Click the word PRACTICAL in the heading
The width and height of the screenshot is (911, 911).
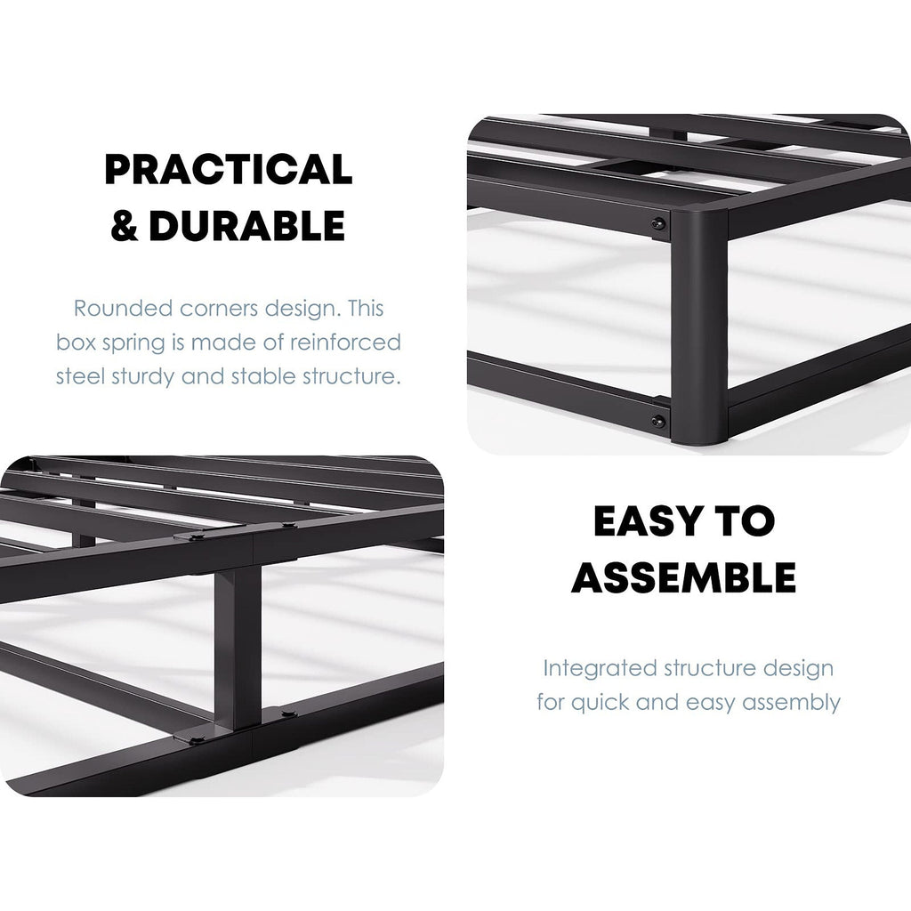228,169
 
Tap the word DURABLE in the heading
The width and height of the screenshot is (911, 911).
246,227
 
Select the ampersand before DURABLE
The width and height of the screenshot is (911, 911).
124,227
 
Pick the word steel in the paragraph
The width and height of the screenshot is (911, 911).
77,375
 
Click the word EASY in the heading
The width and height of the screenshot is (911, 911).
649,521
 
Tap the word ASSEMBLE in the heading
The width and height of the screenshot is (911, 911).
682,578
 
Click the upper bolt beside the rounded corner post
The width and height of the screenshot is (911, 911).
658,224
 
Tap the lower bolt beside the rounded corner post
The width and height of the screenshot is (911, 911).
658,420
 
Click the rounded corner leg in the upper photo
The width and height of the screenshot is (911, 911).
699,329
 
